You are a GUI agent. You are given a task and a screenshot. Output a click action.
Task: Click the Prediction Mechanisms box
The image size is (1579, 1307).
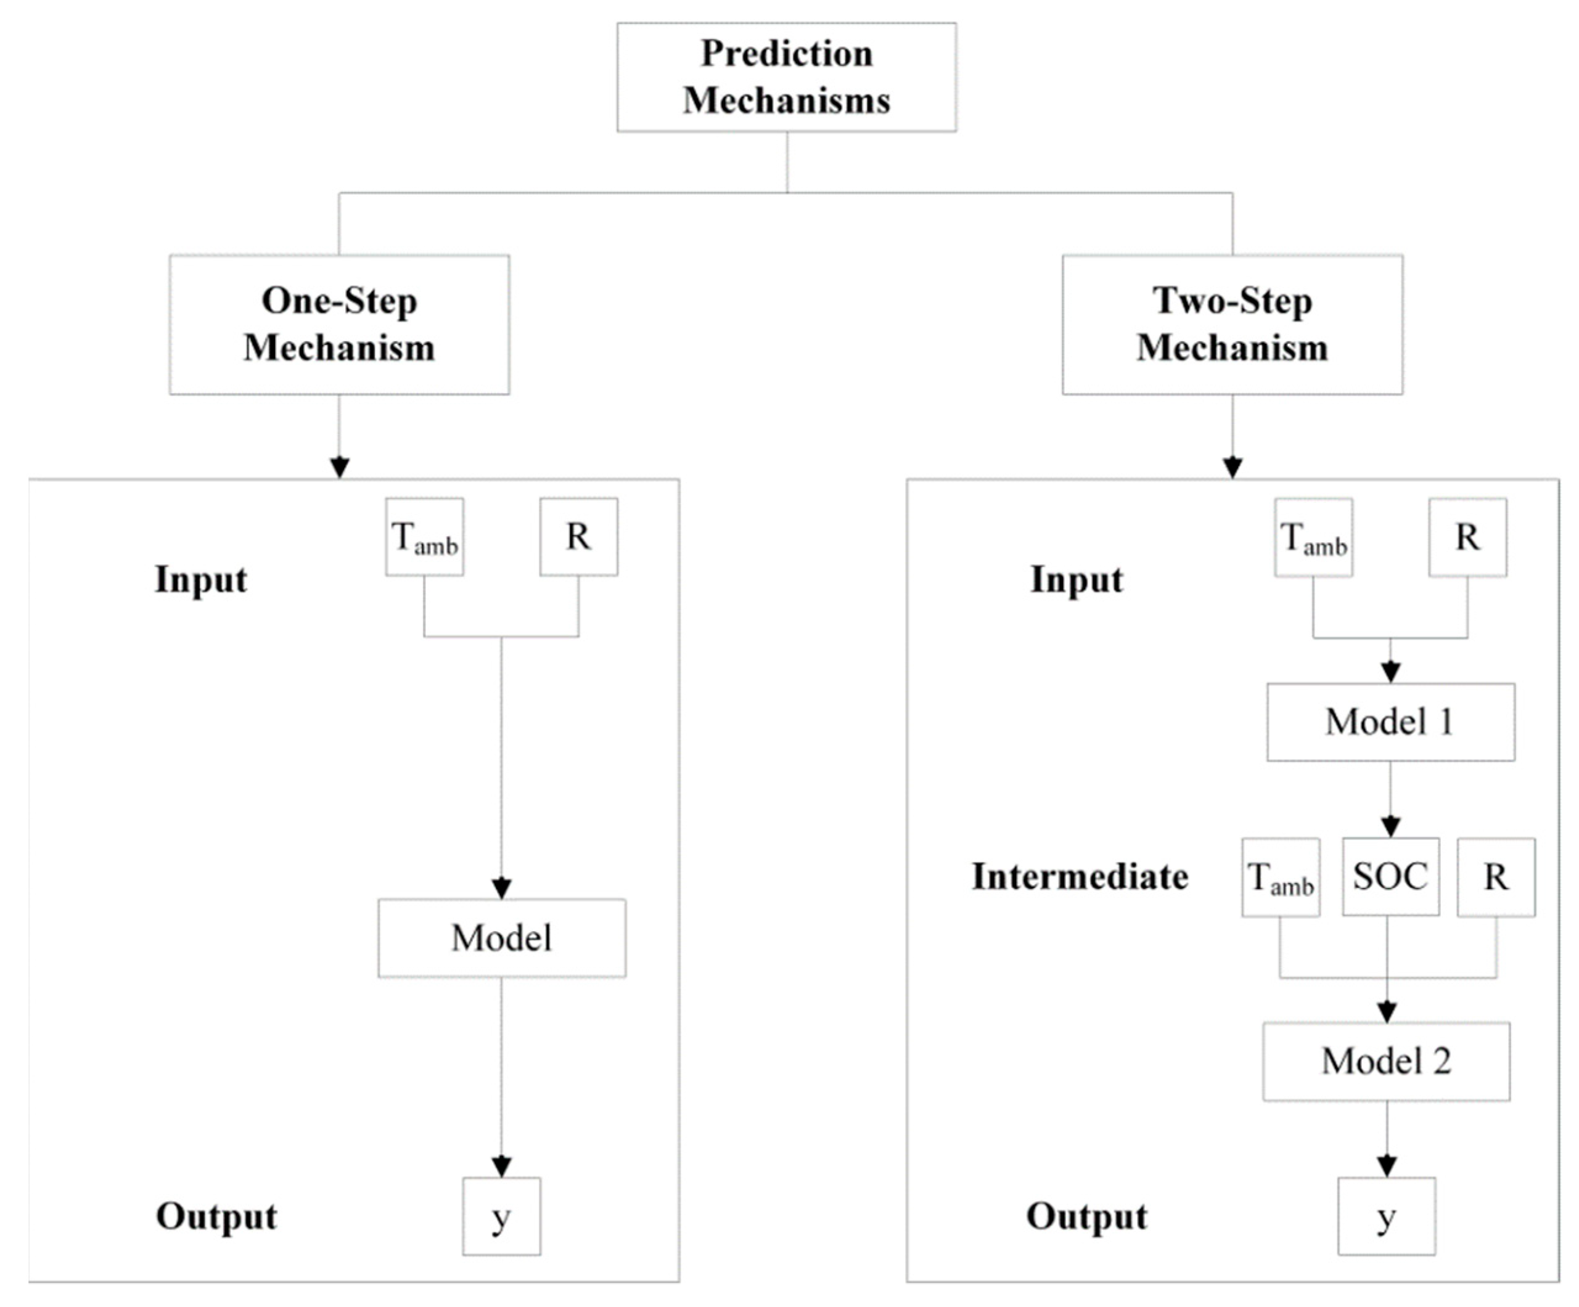(x=787, y=76)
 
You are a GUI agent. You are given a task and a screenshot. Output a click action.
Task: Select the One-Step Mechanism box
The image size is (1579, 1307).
(x=339, y=324)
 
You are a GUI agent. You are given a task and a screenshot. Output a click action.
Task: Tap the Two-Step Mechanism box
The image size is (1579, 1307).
(x=1232, y=324)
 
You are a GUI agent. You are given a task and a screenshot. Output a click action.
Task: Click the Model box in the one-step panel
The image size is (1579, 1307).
(x=501, y=938)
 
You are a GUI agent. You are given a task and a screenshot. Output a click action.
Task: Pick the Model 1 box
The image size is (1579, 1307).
(x=1390, y=722)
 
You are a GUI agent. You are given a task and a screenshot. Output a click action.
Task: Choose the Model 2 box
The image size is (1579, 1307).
(x=1386, y=1061)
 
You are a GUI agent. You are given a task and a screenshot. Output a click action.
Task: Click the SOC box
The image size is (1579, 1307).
(x=1390, y=876)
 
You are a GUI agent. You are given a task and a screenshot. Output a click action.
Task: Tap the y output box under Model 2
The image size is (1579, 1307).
(x=1386, y=1216)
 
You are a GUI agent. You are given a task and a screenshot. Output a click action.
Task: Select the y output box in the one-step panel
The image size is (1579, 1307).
(x=501, y=1216)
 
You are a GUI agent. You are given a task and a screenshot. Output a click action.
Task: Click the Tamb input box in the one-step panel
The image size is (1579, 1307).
(x=424, y=537)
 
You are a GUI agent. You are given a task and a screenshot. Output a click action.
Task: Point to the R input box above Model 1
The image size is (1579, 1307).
(x=1467, y=537)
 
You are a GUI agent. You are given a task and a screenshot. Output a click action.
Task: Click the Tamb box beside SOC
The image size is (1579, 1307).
(x=1280, y=877)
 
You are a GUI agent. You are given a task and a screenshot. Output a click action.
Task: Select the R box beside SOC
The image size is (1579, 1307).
(x=1496, y=877)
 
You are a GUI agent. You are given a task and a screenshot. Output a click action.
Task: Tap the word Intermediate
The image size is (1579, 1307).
(x=1080, y=876)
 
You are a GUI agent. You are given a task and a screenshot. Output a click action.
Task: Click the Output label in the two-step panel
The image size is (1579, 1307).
(x=1086, y=1216)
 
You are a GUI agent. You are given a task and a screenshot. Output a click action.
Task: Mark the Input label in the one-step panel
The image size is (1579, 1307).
(x=201, y=579)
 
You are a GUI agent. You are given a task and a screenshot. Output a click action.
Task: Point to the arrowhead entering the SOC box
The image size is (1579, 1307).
(x=1390, y=828)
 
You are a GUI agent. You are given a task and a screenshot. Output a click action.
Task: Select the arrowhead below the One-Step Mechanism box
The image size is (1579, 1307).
(x=340, y=468)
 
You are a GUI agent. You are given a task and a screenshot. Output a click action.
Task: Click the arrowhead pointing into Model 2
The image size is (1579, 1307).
(x=1387, y=1012)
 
